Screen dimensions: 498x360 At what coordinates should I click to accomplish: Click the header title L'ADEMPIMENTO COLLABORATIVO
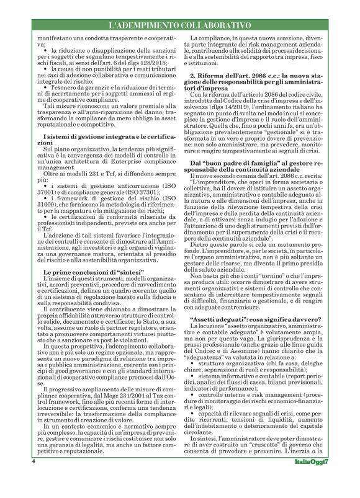pyautogui.click(x=179, y=25)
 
